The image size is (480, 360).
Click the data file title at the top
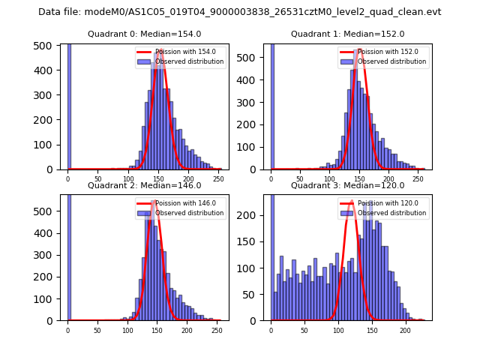tap(240, 12)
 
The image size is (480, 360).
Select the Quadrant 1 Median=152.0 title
tap(347, 34)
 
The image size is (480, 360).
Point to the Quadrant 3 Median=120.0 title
tap(347, 185)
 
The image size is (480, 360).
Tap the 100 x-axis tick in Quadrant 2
tap(127, 330)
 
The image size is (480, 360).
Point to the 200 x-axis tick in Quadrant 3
tap(405, 330)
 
